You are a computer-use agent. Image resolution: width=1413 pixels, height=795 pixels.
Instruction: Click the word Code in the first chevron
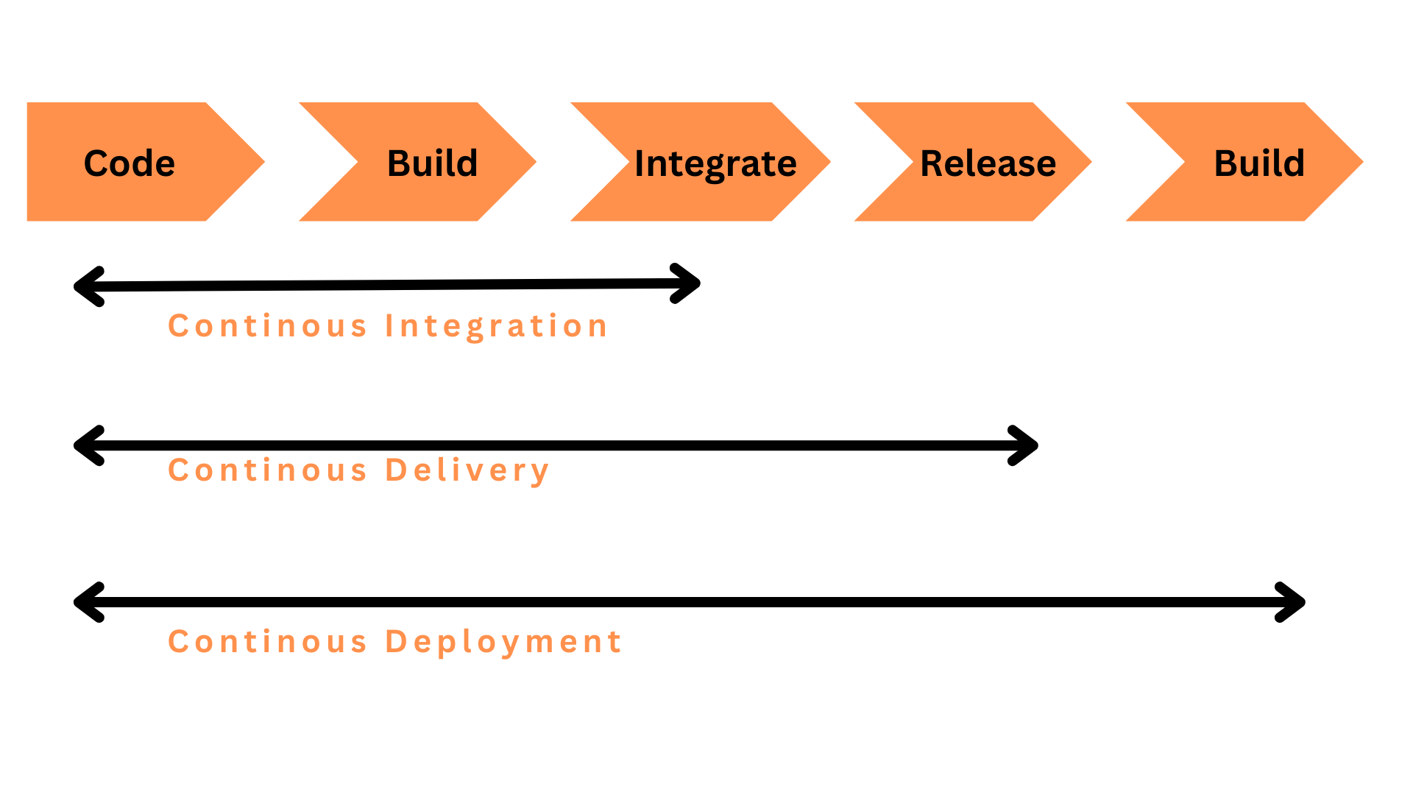point(130,163)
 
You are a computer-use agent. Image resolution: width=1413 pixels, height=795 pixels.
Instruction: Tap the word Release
point(988,163)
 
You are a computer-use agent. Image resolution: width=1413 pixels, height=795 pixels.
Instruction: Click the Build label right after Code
point(433,163)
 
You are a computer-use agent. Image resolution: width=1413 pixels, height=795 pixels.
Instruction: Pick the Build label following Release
point(1259,163)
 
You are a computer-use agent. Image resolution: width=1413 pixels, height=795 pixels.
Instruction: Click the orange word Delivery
point(467,471)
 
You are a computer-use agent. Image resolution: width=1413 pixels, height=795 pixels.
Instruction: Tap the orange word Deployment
point(504,642)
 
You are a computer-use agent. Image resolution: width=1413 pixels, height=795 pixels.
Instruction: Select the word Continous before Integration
point(267,326)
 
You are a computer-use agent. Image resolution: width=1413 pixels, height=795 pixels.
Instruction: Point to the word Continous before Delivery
point(267,470)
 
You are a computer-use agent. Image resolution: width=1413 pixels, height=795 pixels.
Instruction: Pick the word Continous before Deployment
point(267,642)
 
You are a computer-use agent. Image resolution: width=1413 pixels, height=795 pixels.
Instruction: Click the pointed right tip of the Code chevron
point(264,162)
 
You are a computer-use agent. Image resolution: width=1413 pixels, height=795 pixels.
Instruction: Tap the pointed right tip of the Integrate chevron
point(830,162)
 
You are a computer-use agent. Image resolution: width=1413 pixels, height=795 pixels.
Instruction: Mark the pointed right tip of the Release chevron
point(1091,162)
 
